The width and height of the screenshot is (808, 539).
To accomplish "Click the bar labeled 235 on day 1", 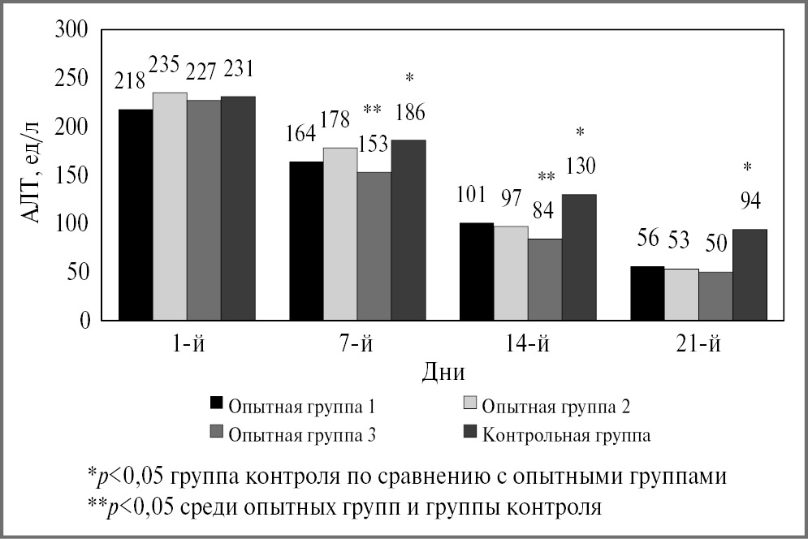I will [170, 206].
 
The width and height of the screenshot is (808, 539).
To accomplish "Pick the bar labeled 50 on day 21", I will [715, 295].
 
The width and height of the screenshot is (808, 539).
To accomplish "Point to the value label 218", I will [130, 80].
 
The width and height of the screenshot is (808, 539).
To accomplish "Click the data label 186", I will [409, 111].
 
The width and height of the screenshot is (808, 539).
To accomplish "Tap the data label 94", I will [750, 201].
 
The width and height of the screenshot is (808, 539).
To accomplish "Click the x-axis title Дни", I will [443, 373].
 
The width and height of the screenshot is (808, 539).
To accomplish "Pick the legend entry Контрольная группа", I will [566, 434].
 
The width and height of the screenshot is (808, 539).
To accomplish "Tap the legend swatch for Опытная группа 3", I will [216, 433].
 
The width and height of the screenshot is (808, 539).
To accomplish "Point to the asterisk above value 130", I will [580, 132].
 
